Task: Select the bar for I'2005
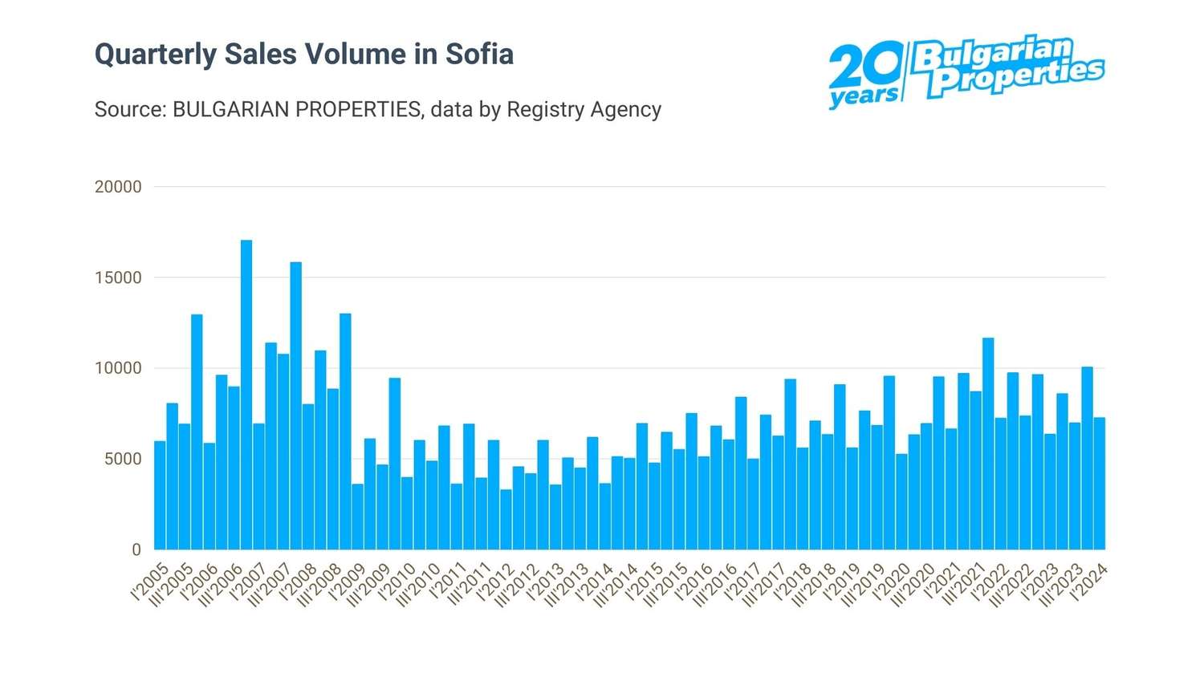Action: pyautogui.click(x=160, y=495)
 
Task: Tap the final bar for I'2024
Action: pyautogui.click(x=1100, y=483)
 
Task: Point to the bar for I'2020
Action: pyautogui.click(x=901, y=501)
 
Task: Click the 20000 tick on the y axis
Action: pyautogui.click(x=118, y=187)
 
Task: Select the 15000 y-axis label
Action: pyautogui.click(x=118, y=278)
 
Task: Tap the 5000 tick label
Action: pyautogui.click(x=123, y=460)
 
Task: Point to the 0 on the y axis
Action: pyautogui.click(x=136, y=550)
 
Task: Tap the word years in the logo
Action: pyautogui.click(x=864, y=97)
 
